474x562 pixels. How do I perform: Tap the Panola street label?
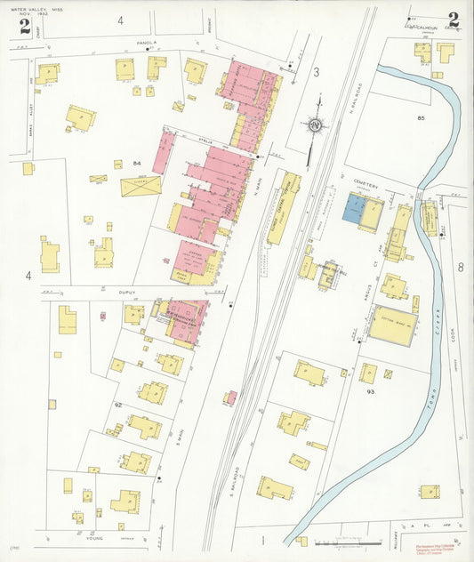coord(147,43)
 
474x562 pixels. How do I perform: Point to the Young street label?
coord(95,538)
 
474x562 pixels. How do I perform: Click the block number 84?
coord(138,164)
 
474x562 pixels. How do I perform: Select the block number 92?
coord(117,405)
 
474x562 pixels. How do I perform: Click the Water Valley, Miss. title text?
coord(34,8)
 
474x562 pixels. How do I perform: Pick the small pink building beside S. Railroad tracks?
coord(230,397)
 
